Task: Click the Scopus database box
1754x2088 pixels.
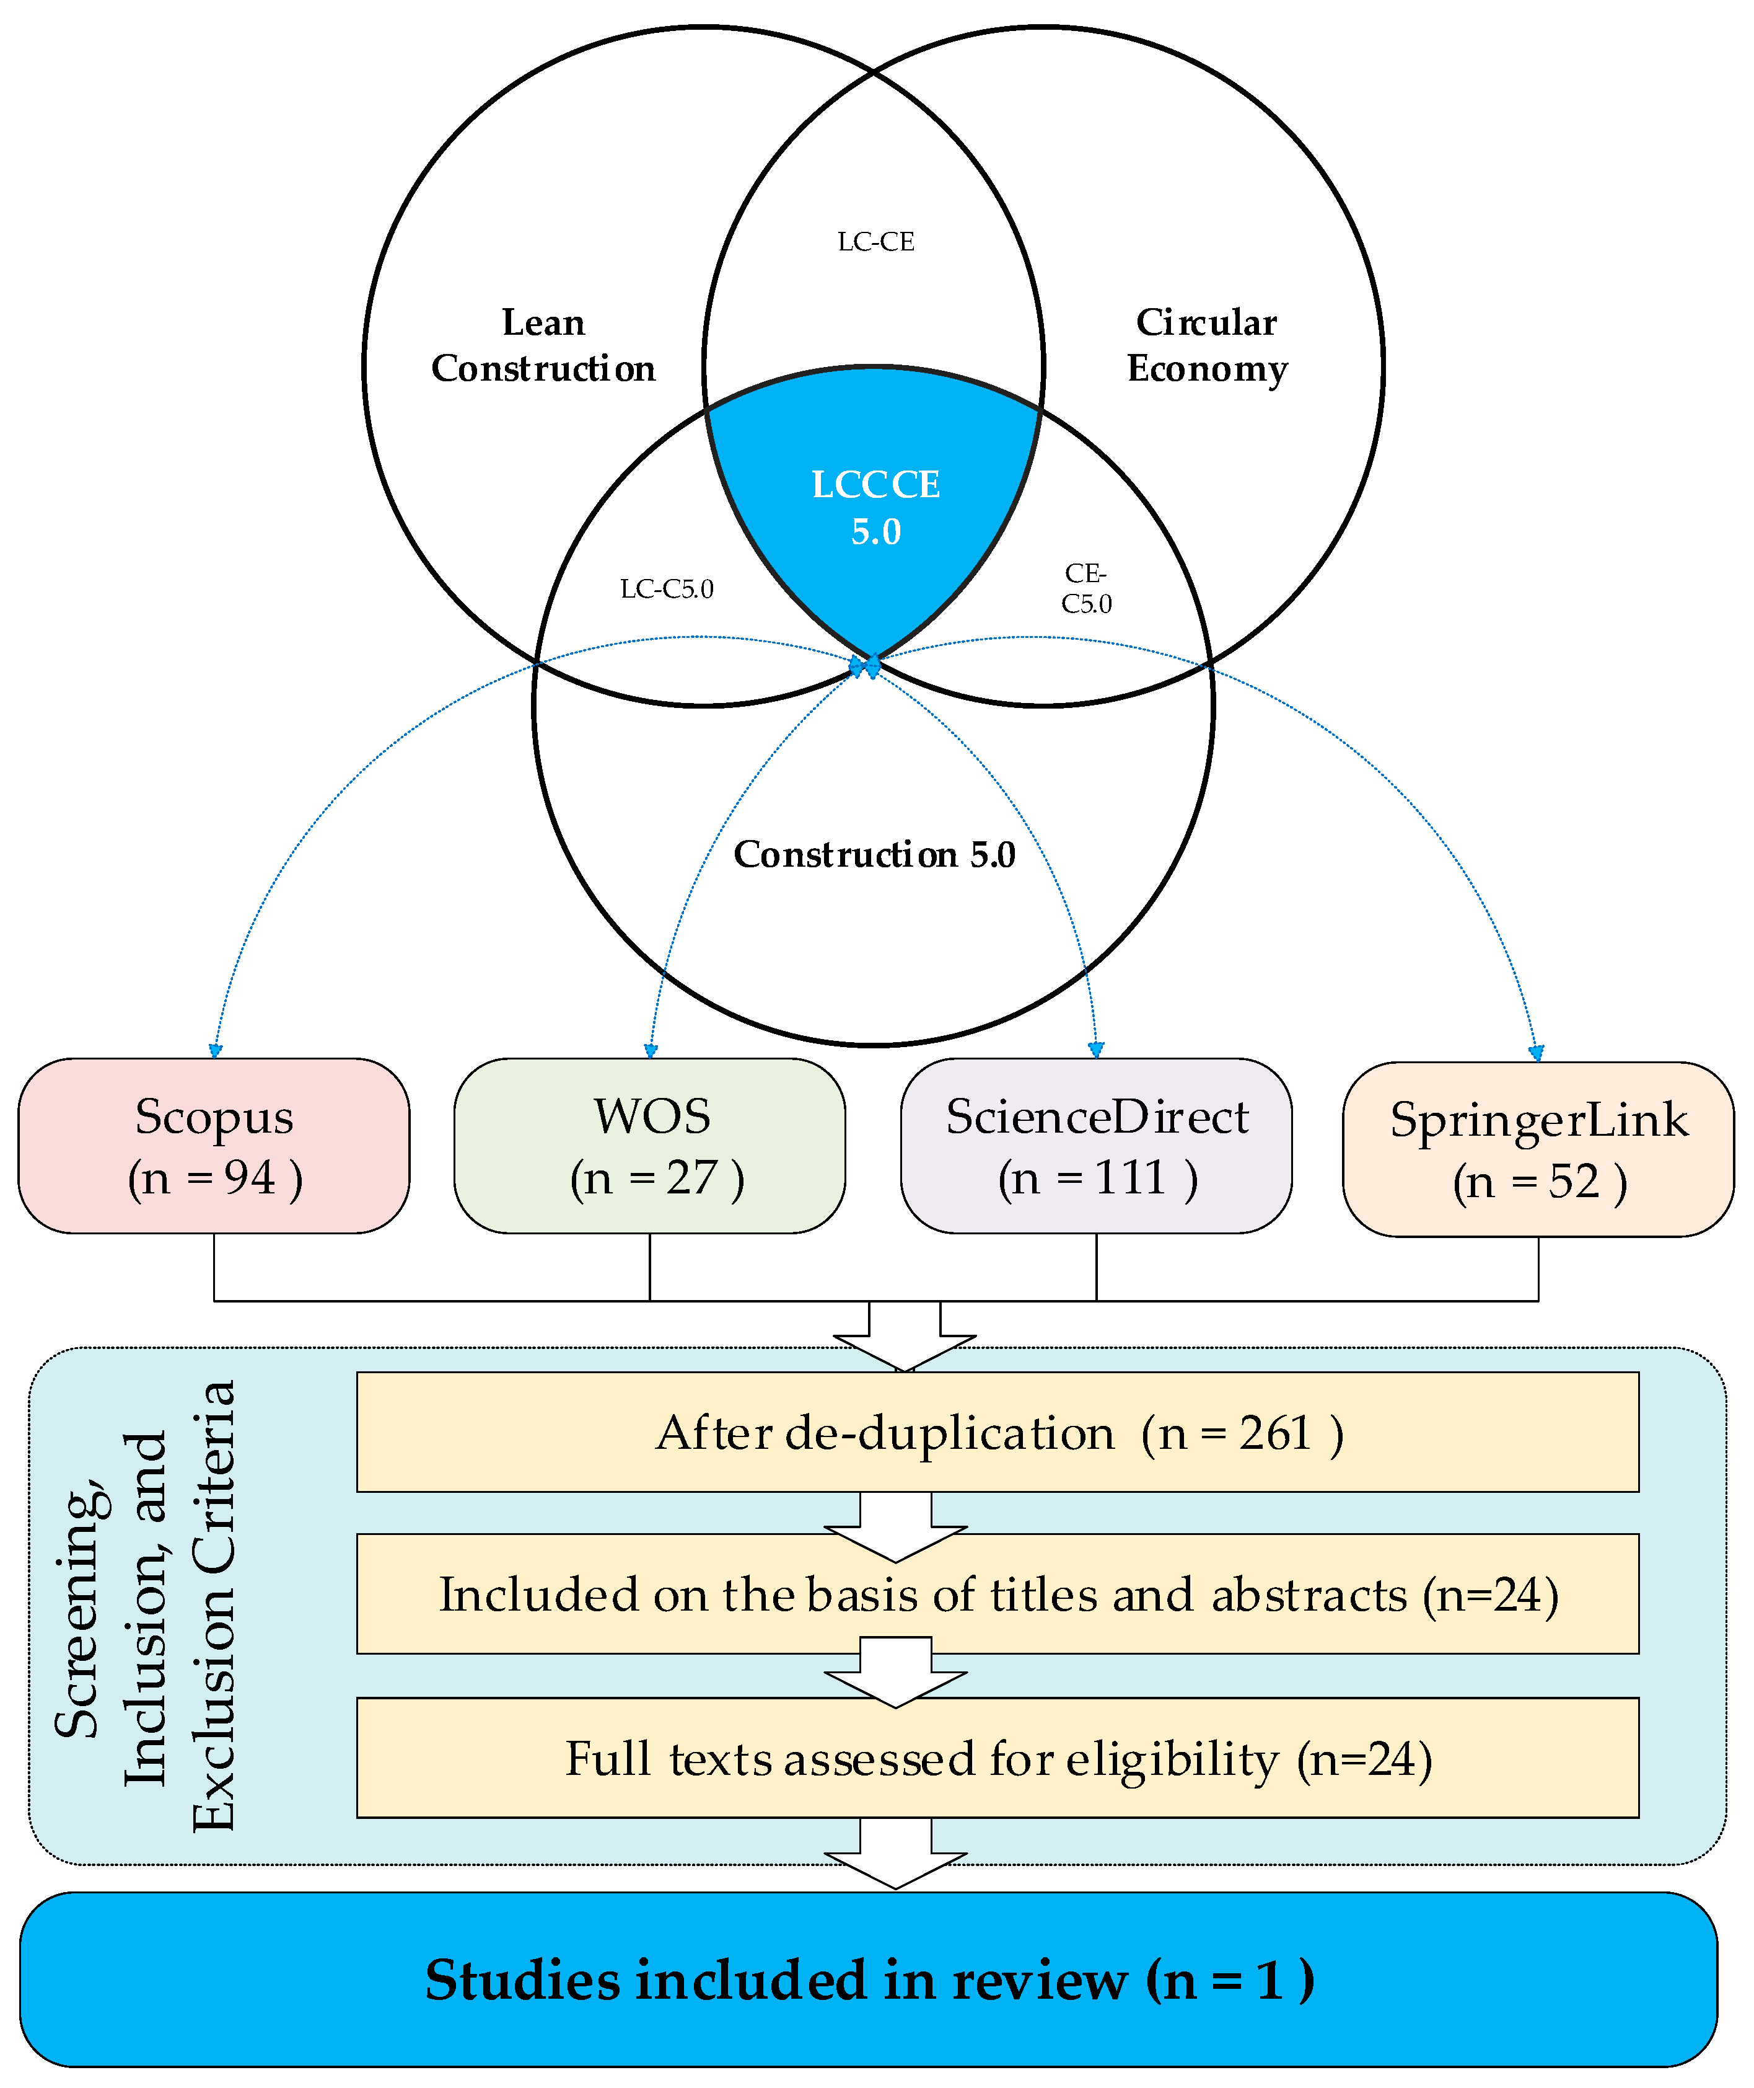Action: pos(214,1146)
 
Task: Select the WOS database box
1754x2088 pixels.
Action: pos(649,1146)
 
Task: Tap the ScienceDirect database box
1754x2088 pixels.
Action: pos(1096,1146)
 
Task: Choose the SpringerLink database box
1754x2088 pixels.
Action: pos(1538,1150)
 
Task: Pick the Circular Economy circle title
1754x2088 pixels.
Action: pos(1207,345)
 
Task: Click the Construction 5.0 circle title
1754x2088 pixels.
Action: pos(875,854)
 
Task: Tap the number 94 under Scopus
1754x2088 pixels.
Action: pos(250,1178)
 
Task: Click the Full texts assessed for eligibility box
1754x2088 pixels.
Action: pos(998,1758)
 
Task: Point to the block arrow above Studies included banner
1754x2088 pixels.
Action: pos(896,1853)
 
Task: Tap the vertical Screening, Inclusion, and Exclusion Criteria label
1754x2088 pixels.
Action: pos(144,1606)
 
